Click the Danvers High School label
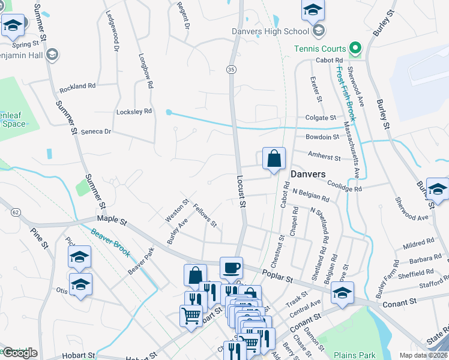(270, 31)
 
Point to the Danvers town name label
(308, 174)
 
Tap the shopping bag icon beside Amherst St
(274, 159)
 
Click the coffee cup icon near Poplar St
(231, 268)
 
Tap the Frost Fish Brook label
(346, 93)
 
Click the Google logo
(19, 353)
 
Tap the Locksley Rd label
(134, 112)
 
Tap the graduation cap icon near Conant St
(342, 292)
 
